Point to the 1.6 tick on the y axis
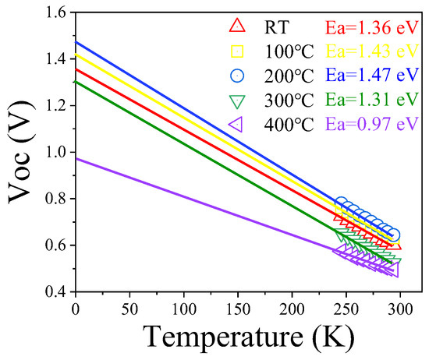(57, 12)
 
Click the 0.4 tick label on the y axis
(57, 292)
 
